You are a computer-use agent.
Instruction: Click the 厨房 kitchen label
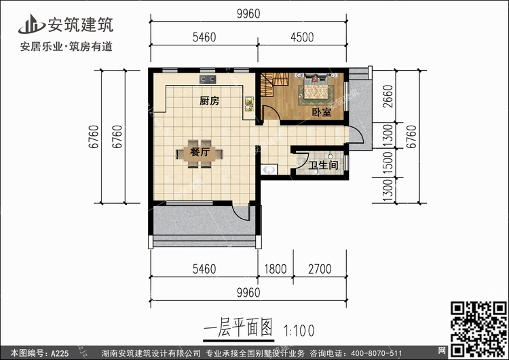click(x=210, y=101)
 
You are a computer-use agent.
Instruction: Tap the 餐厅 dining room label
click(x=200, y=151)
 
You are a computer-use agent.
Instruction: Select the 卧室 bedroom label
click(x=322, y=113)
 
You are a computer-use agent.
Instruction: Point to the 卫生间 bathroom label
click(x=323, y=165)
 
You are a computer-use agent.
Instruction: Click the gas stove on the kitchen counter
click(x=208, y=79)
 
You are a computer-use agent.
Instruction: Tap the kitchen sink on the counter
click(x=249, y=104)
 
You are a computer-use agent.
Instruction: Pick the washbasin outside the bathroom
click(x=269, y=170)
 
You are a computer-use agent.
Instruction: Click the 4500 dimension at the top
click(x=302, y=37)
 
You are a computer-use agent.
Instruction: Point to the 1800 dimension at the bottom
click(x=276, y=269)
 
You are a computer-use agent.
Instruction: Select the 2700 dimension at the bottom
click(x=320, y=269)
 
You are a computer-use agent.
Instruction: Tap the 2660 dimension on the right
click(x=388, y=96)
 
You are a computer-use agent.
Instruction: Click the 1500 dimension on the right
click(x=388, y=162)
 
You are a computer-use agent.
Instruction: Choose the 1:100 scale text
click(x=299, y=331)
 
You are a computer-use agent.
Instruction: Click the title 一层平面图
click(x=238, y=327)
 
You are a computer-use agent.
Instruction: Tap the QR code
click(x=478, y=329)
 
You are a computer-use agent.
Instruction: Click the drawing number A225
click(x=60, y=353)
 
